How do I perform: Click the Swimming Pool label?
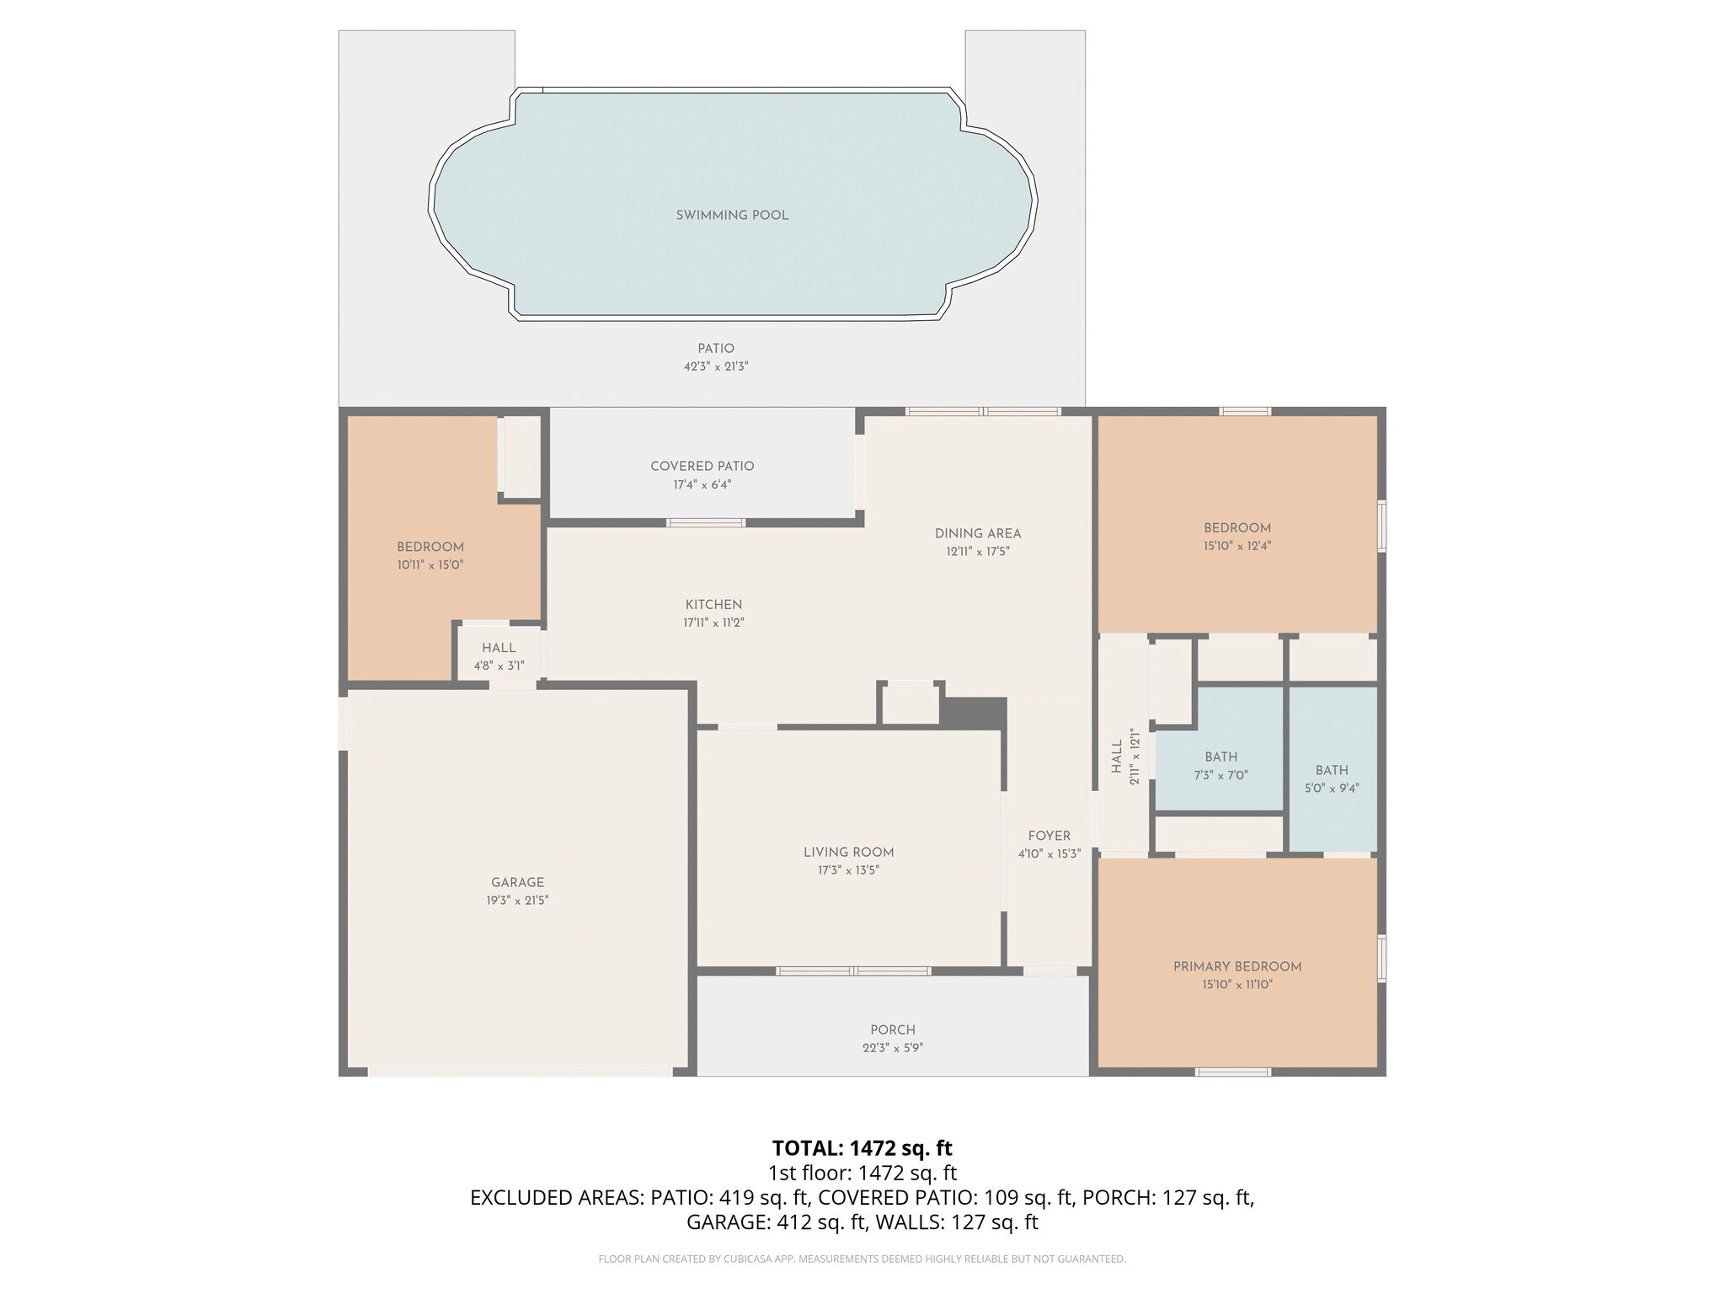732,216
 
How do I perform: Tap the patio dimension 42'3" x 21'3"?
715,367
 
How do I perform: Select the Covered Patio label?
702,466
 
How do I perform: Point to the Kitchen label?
713,605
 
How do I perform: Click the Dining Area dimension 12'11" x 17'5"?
977,553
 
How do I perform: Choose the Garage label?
517,883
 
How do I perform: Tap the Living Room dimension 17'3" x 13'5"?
848,871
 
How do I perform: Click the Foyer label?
1049,836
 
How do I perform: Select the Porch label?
892,1030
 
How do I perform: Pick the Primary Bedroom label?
1236,967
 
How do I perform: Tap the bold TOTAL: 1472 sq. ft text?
862,1148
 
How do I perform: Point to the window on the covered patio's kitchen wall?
706,523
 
